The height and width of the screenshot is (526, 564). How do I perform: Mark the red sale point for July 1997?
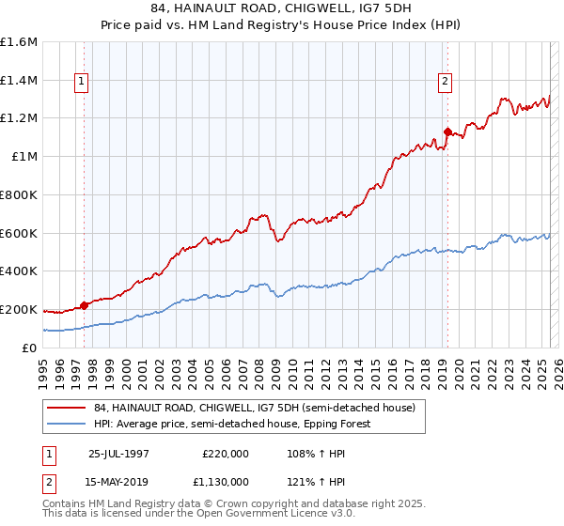pyautogui.click(x=84, y=304)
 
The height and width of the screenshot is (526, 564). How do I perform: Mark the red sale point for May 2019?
pyautogui.click(x=447, y=131)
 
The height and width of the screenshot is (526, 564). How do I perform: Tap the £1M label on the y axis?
pyautogui.click(x=25, y=157)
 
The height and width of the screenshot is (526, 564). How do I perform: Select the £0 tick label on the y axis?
pyautogui.click(x=30, y=348)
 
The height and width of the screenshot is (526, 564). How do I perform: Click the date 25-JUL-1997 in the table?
pyautogui.click(x=119, y=454)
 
